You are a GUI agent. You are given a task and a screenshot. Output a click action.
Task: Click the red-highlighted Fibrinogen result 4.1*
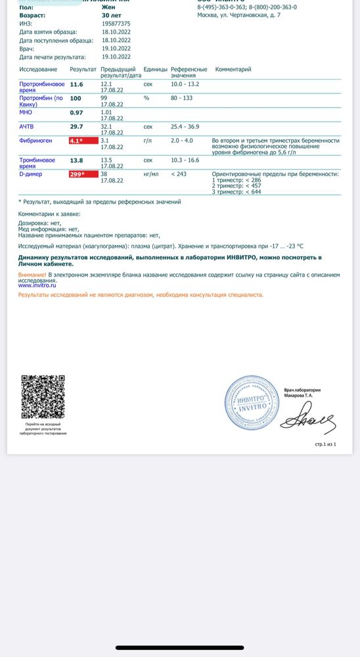pyautogui.click(x=83, y=141)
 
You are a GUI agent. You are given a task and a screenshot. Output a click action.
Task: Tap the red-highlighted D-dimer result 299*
pyautogui.click(x=83, y=174)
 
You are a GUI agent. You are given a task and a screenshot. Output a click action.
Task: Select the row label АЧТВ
pyautogui.click(x=27, y=126)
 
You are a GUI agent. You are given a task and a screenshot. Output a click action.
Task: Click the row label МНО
pyautogui.click(x=26, y=112)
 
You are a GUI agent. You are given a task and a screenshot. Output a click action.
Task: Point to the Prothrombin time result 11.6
pyautogui.click(x=76, y=84)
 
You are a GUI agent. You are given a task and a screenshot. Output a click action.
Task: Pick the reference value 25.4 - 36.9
pyautogui.click(x=185, y=126)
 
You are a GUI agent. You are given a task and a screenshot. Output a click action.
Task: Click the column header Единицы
pyautogui.click(x=155, y=69)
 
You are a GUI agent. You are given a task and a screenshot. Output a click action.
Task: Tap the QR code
pyautogui.click(x=43, y=396)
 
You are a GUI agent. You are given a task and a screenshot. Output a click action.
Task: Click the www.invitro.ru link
pyautogui.click(x=37, y=286)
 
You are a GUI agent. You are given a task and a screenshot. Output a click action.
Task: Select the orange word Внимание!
pyautogui.click(x=33, y=274)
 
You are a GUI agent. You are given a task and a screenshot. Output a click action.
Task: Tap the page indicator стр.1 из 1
pyautogui.click(x=325, y=444)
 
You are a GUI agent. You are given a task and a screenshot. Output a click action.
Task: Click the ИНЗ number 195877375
pyautogui.click(x=116, y=23)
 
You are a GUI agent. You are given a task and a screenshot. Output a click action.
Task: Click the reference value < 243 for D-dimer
pyautogui.click(x=178, y=174)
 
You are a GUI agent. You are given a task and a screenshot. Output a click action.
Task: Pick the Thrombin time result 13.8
pyautogui.click(x=76, y=160)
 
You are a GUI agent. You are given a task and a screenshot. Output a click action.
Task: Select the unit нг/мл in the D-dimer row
pyautogui.click(x=152, y=174)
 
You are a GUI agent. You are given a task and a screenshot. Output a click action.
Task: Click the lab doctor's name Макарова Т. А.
pyautogui.click(x=298, y=396)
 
